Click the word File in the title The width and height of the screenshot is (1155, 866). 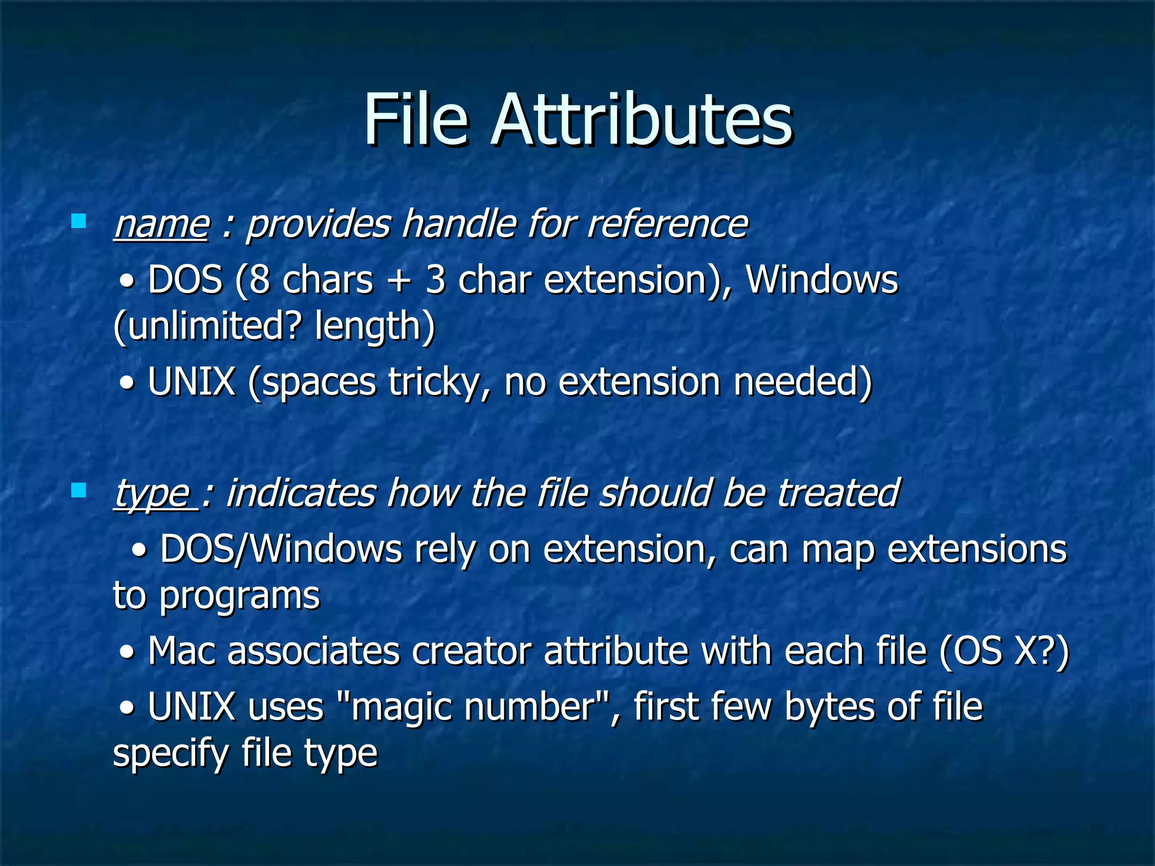point(416,120)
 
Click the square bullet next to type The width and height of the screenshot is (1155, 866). point(79,490)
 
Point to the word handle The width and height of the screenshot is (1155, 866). point(459,224)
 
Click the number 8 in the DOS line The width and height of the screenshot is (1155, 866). point(260,280)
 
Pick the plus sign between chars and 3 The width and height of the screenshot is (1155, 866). point(399,281)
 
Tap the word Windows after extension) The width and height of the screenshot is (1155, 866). point(822,280)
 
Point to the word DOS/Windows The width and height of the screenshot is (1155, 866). point(281,550)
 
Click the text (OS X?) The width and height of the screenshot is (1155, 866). point(1004,652)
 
